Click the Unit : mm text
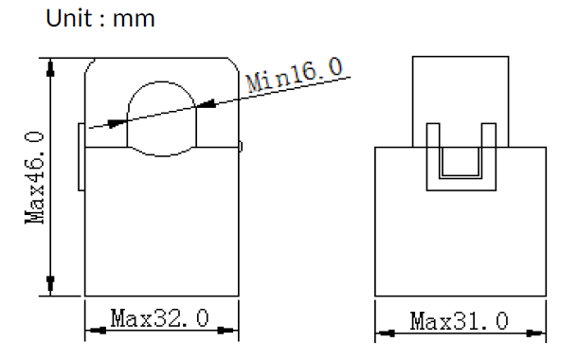point(100,18)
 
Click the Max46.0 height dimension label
point(34,177)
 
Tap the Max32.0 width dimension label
point(160,318)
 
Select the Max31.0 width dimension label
point(460,321)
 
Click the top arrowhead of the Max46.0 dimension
point(50,68)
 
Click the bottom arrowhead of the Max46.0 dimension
point(50,285)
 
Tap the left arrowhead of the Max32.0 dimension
point(97,331)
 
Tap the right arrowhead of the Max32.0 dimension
point(227,331)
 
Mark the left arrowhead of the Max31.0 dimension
point(386,333)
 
